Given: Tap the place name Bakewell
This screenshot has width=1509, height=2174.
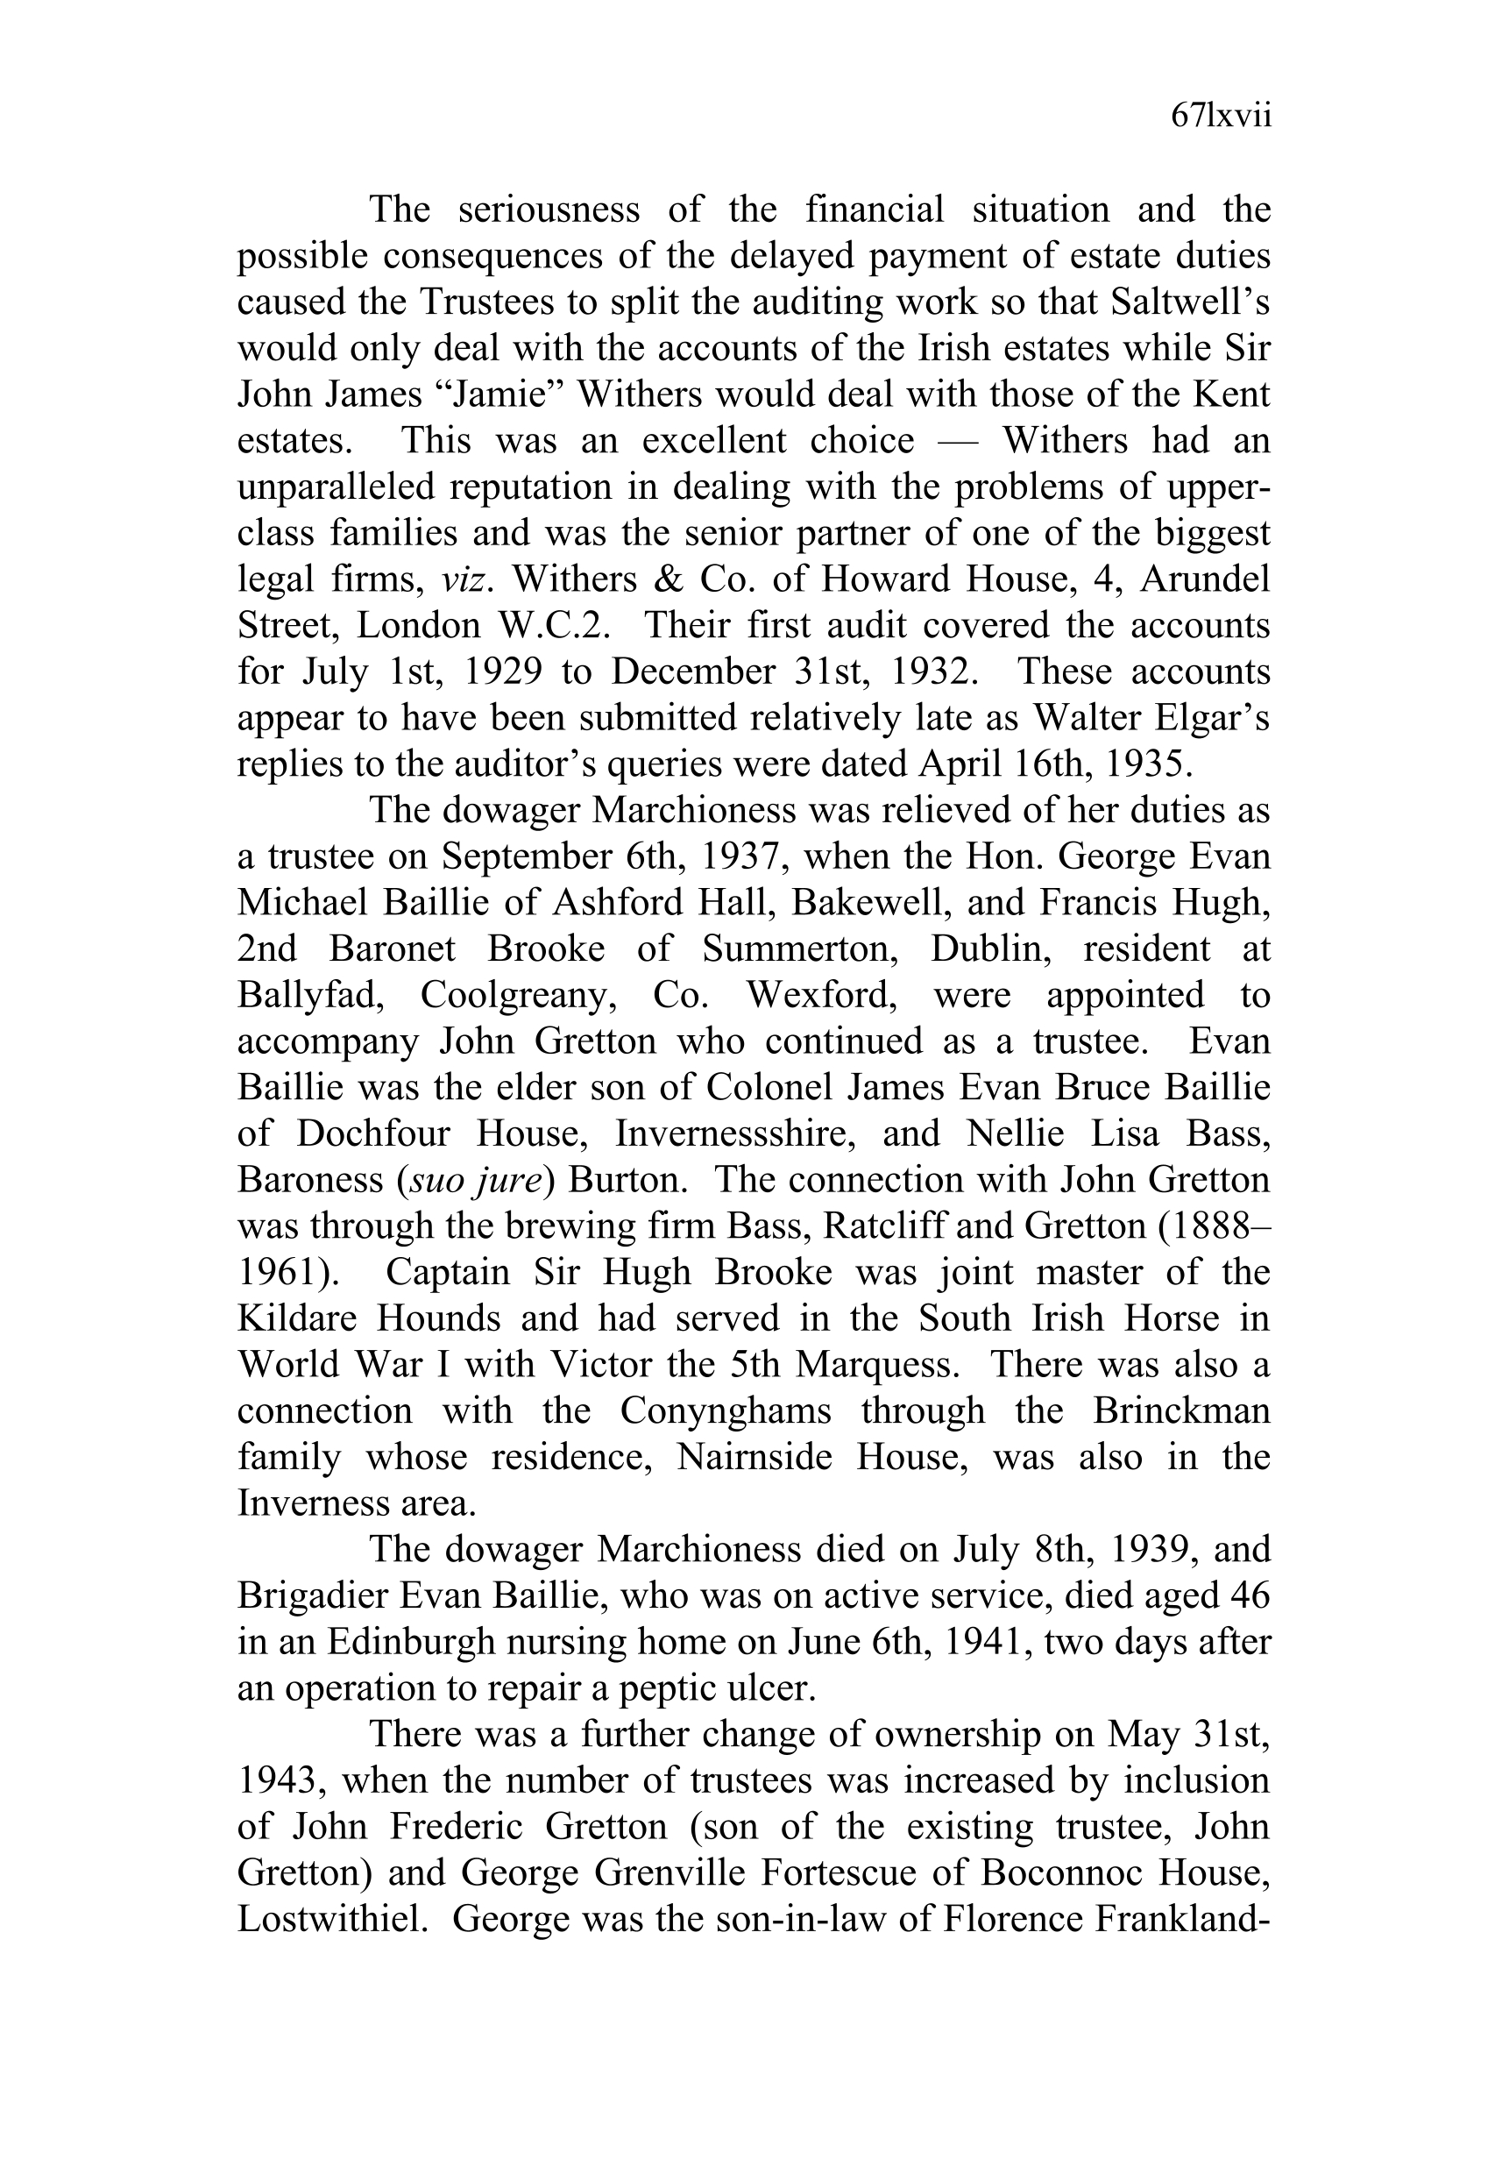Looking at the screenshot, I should pos(869,903).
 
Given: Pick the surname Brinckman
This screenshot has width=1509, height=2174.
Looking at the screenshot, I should pos(1181,1412).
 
